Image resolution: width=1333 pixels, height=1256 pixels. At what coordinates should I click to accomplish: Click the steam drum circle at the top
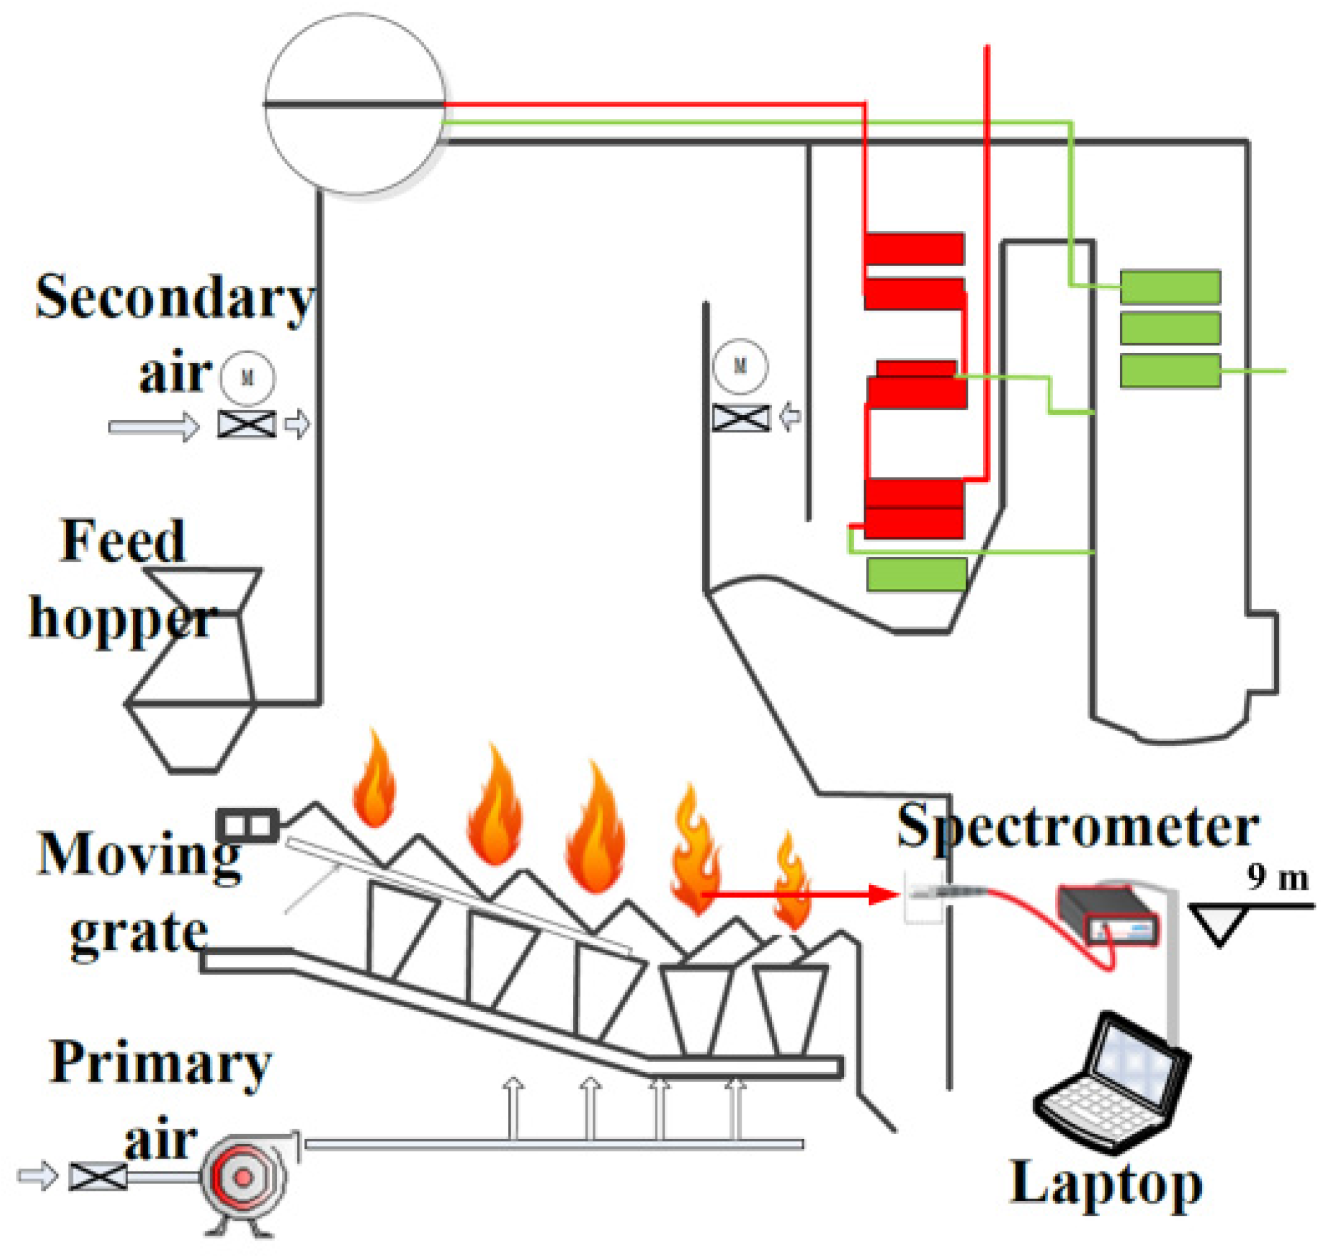tap(355, 104)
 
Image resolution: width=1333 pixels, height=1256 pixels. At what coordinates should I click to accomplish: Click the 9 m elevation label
tap(1278, 878)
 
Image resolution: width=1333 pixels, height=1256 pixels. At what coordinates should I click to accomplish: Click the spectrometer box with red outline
tap(1108, 915)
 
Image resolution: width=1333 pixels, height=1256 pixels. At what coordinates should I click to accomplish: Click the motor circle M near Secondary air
tap(248, 378)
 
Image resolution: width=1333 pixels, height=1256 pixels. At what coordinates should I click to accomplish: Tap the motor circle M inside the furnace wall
tap(740, 366)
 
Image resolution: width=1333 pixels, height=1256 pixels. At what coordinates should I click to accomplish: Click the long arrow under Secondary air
tap(153, 427)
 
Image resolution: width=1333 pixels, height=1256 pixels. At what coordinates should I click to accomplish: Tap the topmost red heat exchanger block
tap(914, 249)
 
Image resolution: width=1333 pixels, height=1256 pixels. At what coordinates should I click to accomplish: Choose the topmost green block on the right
tap(1170, 287)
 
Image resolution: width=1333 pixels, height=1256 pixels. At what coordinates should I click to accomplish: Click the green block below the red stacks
tap(917, 575)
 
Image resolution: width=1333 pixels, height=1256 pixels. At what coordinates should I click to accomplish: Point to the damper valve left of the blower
tap(98, 1177)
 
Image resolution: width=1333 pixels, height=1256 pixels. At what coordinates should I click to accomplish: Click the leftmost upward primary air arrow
tap(514, 1109)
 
